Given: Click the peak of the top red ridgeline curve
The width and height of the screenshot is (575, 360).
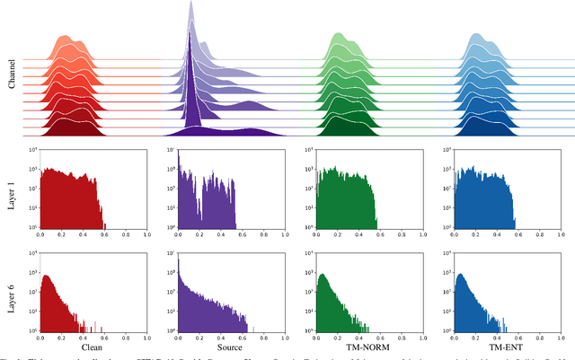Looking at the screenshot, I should pos(64,37).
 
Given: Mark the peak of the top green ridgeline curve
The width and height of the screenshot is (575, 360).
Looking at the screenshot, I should pos(338,35).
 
